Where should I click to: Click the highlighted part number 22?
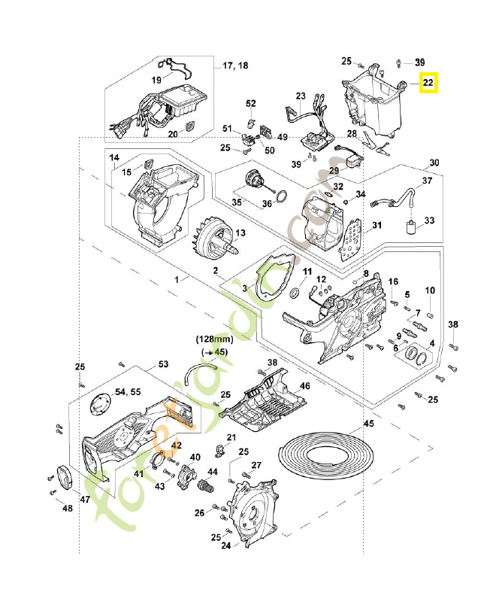pos(428,84)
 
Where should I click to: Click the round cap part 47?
pos(65,477)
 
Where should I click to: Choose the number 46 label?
pos(304,386)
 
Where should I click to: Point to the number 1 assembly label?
pos(177,279)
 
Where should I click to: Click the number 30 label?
pos(434,163)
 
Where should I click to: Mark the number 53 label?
pos(163,364)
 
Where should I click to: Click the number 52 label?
pos(251,103)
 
